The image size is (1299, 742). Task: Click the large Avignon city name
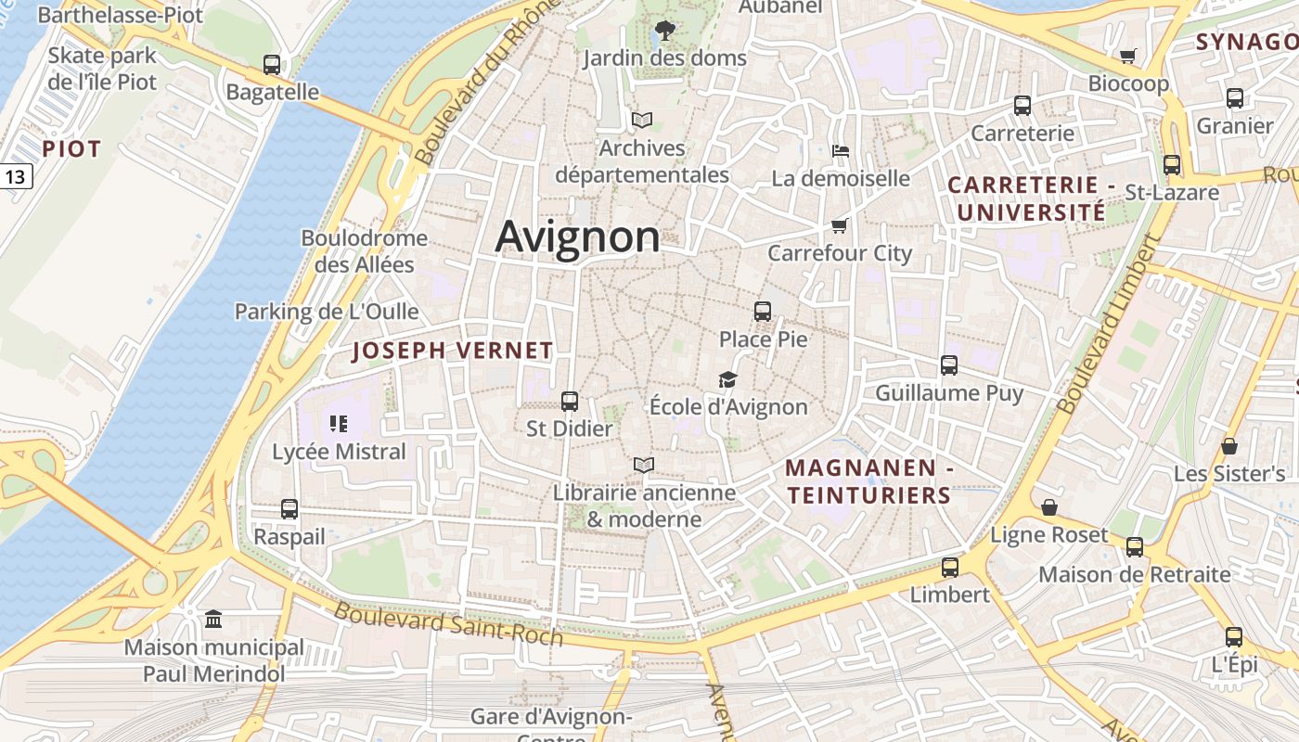point(577,237)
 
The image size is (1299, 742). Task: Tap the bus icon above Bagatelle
point(272,65)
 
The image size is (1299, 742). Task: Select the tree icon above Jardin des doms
point(664,31)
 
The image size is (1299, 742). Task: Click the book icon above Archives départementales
point(641,120)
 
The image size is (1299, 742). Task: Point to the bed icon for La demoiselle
point(841,150)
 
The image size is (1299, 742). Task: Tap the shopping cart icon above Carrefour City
point(840,225)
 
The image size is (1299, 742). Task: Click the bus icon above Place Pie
point(763,312)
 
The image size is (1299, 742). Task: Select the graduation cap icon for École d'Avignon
point(727,379)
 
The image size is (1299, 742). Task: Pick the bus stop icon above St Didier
point(570,402)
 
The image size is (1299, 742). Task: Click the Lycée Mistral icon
point(339,425)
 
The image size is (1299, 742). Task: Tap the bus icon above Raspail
point(289,509)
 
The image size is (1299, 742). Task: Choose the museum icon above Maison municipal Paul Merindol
point(213,619)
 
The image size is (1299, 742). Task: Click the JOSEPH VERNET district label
point(453,351)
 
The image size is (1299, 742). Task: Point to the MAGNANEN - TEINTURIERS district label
point(869,481)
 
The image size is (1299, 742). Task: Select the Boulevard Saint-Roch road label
point(448,623)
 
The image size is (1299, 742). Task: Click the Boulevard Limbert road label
point(1108,325)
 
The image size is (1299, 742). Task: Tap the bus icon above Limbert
point(949,567)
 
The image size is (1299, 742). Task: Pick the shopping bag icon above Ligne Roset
point(1049,507)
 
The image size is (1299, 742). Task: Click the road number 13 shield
point(16,175)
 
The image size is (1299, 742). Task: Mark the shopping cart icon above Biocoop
point(1128,57)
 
